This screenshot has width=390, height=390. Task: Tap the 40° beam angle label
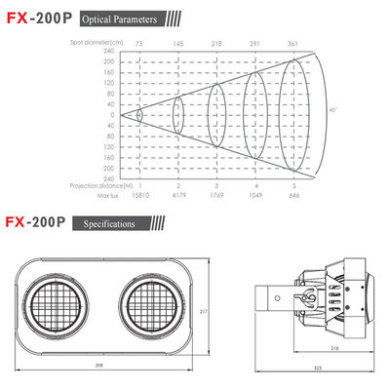click(x=332, y=110)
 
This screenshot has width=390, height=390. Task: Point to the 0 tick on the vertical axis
click(x=112, y=115)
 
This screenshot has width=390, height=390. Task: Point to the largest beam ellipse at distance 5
click(x=290, y=115)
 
